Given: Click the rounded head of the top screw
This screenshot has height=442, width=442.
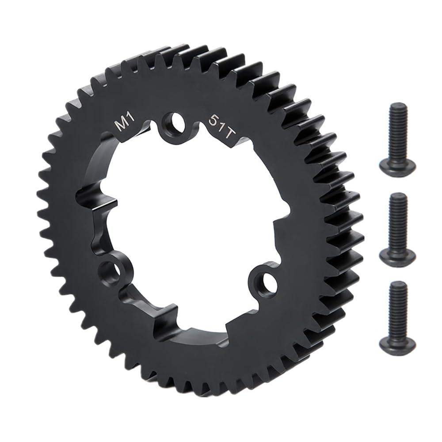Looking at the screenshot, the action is point(398,166).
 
